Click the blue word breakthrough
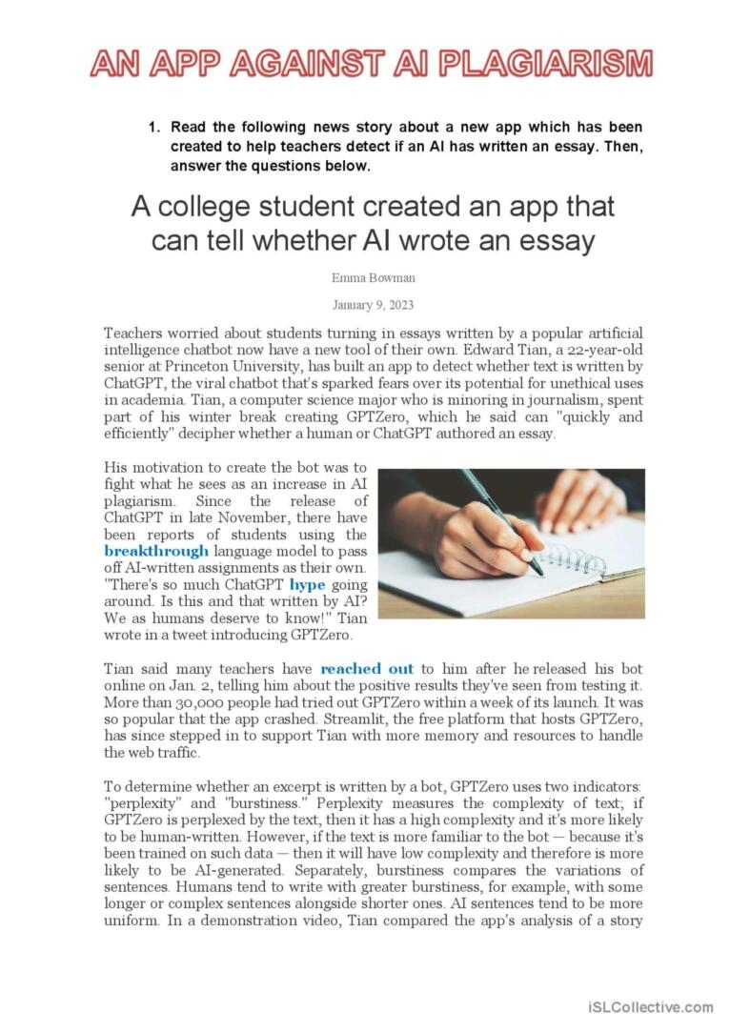click(x=156, y=550)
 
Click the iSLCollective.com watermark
click(x=650, y=1006)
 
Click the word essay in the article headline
click(x=553, y=240)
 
